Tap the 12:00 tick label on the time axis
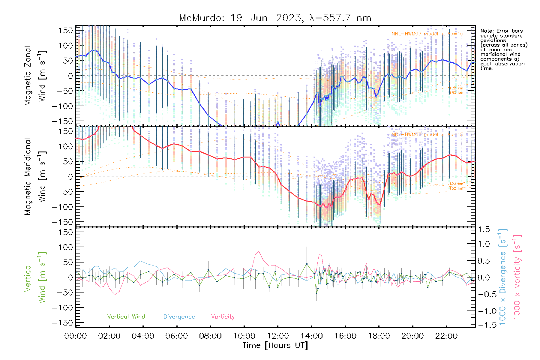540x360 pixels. tap(278, 336)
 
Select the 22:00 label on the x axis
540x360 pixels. tap(446, 336)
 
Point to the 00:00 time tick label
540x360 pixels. tap(76, 336)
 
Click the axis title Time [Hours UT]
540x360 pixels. tap(275, 345)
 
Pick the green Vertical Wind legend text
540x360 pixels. tap(126, 316)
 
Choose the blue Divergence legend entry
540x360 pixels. tap(179, 317)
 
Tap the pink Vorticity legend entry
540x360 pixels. tap(223, 316)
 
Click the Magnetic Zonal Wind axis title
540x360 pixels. tap(35, 76)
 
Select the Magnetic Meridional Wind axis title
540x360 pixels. tap(35, 176)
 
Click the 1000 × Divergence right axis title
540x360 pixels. tap(502, 277)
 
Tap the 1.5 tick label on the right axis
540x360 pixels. tap(484, 229)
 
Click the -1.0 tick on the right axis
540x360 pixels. tap(484, 311)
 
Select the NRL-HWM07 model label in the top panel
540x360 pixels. tap(427, 34)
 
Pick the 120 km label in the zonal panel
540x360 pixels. tap(456, 88)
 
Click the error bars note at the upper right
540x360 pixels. tap(503, 49)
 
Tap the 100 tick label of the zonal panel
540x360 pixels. tap(66, 46)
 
